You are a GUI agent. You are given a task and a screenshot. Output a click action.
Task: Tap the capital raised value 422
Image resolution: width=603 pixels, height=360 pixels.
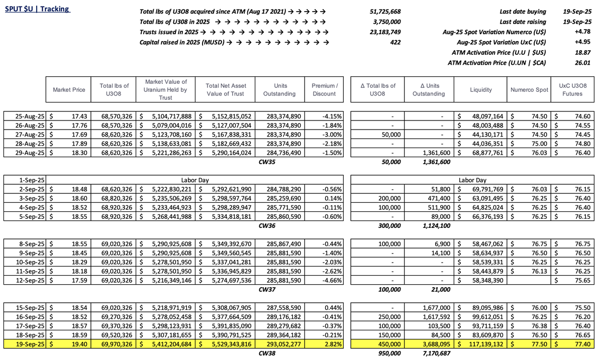click(395, 43)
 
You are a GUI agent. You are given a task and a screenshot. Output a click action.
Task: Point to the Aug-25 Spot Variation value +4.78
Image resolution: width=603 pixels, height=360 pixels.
click(584, 32)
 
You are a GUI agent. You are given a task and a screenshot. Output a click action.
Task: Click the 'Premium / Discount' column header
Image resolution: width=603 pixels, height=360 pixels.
click(324, 89)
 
